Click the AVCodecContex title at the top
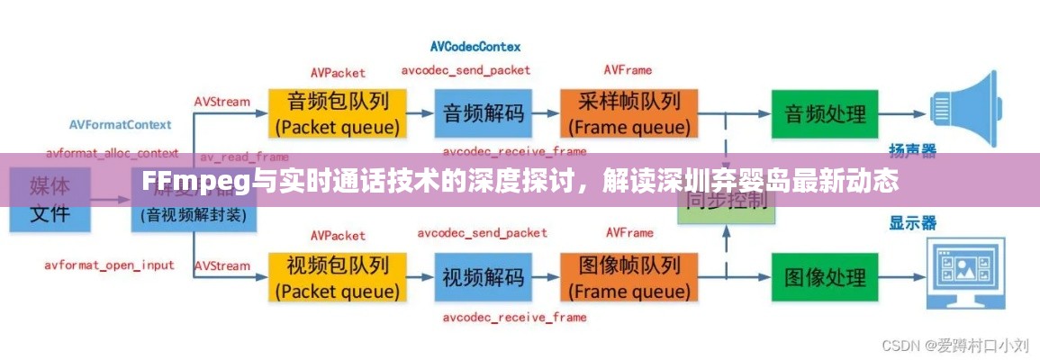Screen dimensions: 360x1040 475,45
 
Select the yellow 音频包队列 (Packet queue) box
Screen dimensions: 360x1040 338,112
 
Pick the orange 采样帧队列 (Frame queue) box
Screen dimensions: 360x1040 629,112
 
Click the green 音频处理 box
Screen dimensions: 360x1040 825,113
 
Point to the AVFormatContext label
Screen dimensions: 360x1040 121,122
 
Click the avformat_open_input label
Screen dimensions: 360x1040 110,265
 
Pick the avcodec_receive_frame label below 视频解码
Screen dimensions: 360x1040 514,317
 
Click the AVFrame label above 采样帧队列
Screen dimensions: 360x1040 628,69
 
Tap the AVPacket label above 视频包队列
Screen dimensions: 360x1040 338,235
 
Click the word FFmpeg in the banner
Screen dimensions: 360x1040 193,182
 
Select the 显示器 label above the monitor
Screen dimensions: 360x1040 913,222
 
